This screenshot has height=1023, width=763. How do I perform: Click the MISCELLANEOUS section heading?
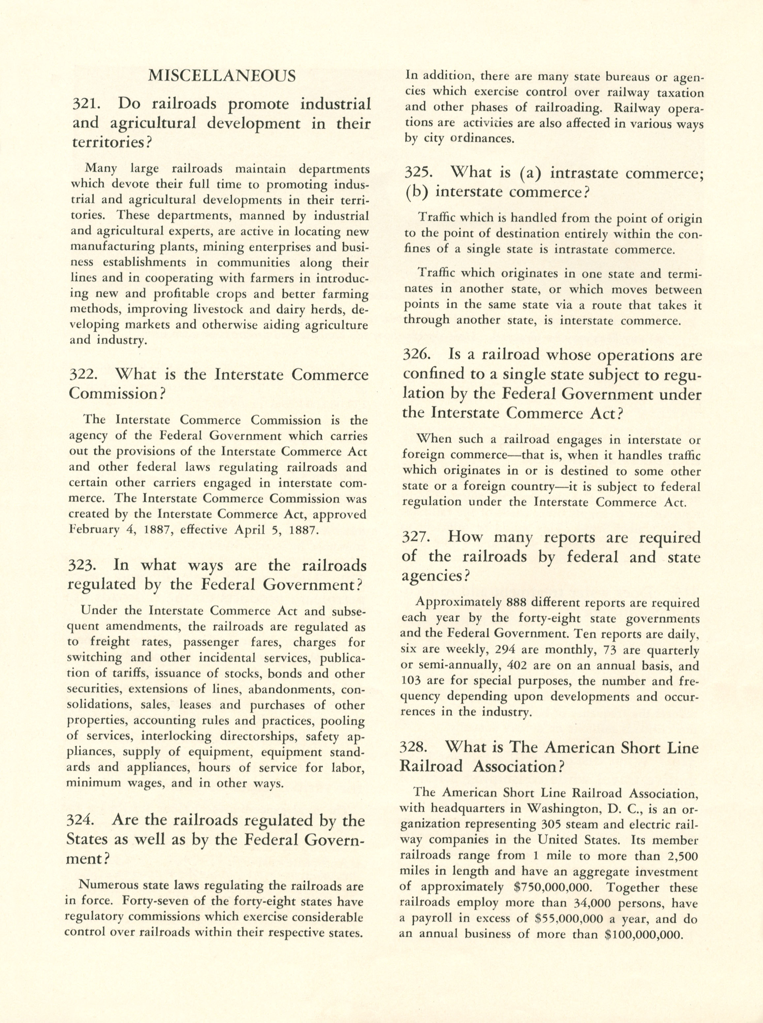[221, 76]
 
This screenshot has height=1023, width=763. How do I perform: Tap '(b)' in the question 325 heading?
[416, 192]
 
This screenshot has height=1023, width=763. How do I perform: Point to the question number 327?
[417, 537]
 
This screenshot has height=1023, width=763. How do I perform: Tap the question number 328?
[415, 747]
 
